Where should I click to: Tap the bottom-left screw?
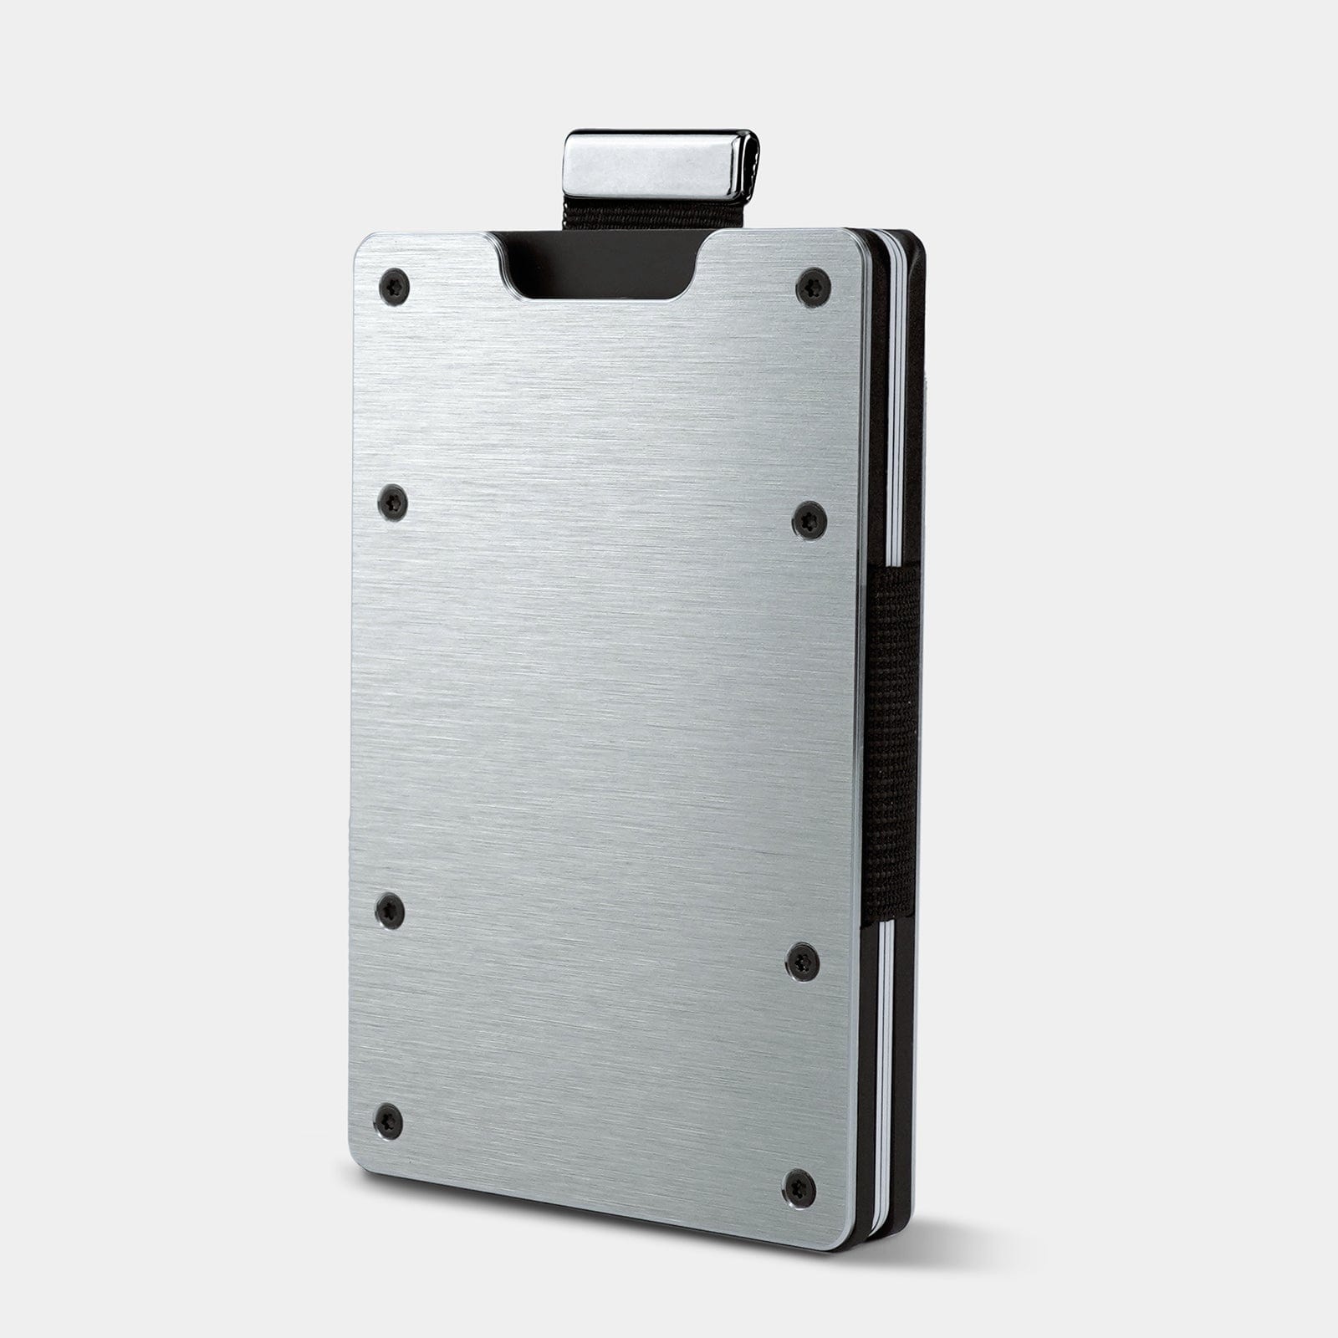point(388,1118)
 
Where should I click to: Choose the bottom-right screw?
point(800,1182)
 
